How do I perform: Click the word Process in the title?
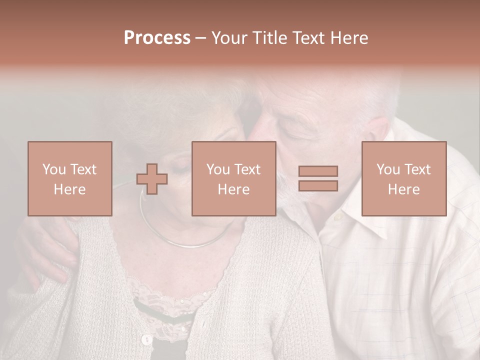coord(157,38)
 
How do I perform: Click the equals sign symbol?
coord(318,178)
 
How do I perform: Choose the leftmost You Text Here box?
coord(69,178)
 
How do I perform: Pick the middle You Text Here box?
coord(233,178)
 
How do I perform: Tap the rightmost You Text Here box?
coord(403,178)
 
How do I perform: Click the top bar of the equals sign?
coord(318,171)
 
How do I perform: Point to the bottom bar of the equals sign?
coord(318,185)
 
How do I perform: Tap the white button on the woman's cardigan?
coord(146,340)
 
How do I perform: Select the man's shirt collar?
coord(345,220)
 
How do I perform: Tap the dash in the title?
coord(200,38)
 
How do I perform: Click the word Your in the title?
coord(230,38)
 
